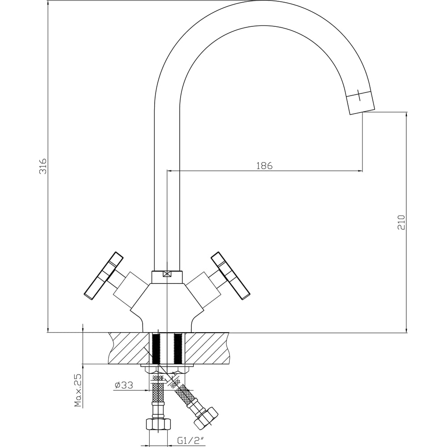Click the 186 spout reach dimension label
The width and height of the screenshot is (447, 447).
click(x=264, y=166)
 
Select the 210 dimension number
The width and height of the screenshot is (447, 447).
click(x=401, y=222)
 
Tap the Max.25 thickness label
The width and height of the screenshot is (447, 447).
click(x=78, y=389)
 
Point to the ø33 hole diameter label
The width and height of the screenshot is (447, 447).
click(x=124, y=385)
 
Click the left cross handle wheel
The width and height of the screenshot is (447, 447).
click(x=104, y=276)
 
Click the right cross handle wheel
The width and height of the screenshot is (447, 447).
click(x=231, y=276)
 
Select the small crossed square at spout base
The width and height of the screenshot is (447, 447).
click(x=167, y=274)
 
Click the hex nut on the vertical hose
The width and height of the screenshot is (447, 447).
click(x=158, y=424)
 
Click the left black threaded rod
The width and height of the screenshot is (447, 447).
click(x=156, y=348)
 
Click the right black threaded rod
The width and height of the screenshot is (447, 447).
click(x=178, y=348)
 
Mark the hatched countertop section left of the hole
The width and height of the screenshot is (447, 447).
click(x=129, y=348)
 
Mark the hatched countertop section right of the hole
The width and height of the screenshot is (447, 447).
click(x=207, y=348)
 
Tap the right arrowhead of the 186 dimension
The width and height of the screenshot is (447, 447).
click(x=360, y=171)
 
